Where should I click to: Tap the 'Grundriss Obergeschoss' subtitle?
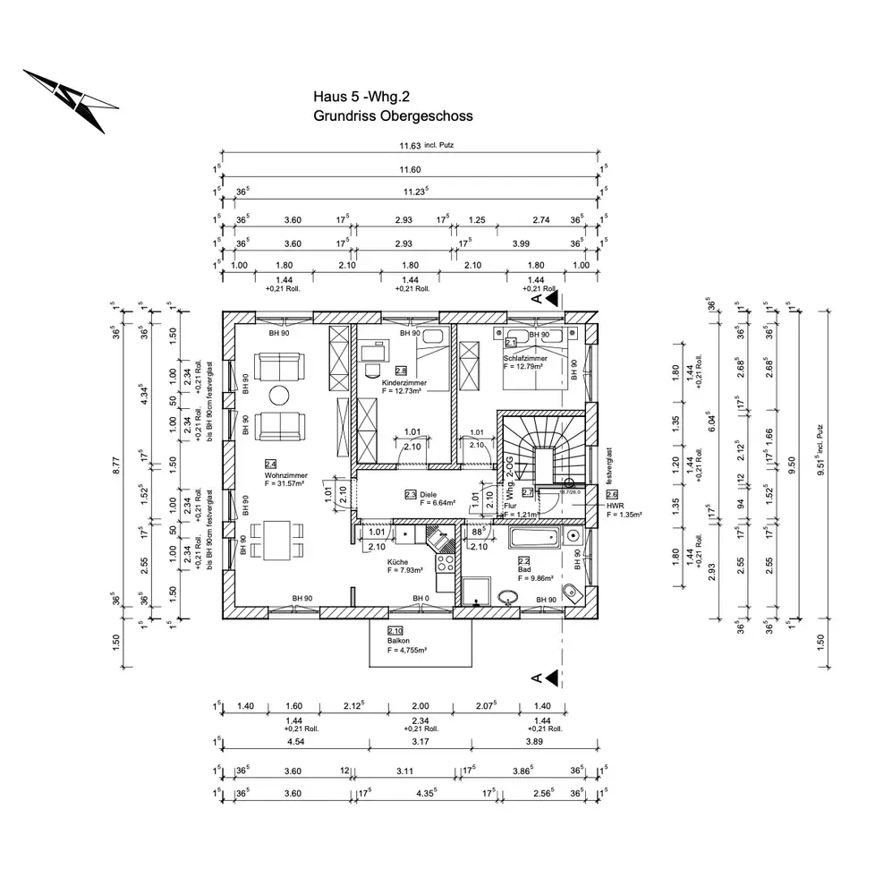click(x=392, y=115)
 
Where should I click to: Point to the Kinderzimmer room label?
click(x=404, y=382)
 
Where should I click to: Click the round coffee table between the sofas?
click(x=280, y=394)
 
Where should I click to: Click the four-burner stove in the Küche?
click(x=443, y=563)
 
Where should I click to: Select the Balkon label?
click(x=399, y=641)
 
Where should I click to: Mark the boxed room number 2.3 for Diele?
click(x=410, y=494)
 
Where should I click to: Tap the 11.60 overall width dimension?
click(x=410, y=170)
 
